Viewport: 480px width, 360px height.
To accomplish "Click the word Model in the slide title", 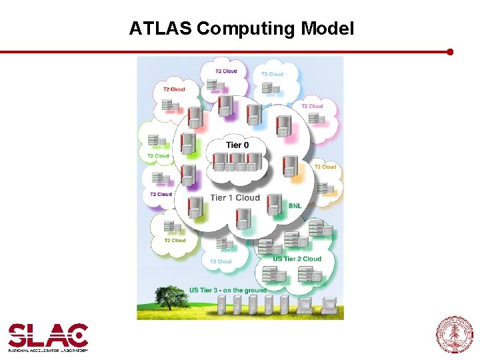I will (x=327, y=29).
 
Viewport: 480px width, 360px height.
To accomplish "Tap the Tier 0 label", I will (x=239, y=145).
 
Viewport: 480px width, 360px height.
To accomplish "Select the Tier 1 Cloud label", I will (x=235, y=197).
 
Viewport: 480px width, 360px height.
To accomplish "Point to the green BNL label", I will (x=295, y=206).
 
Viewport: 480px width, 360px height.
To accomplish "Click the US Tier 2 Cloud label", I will (x=297, y=259).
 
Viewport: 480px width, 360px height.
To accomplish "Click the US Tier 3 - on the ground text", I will (x=227, y=290).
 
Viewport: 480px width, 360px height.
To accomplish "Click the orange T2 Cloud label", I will (x=325, y=167).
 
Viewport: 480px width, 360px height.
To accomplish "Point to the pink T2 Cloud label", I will (x=311, y=106).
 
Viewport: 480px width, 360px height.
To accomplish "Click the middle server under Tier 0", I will (x=237, y=162).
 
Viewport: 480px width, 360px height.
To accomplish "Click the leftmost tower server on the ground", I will (x=222, y=306).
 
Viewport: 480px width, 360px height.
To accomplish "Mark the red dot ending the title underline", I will (x=450, y=51).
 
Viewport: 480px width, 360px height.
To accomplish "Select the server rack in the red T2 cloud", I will (x=172, y=105).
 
